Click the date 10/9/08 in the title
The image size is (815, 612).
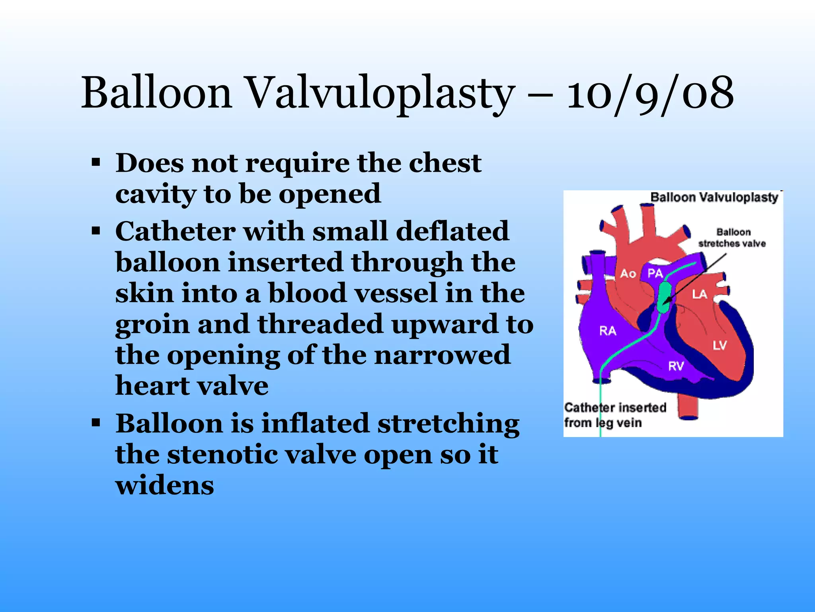point(650,94)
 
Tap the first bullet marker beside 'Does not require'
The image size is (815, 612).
point(96,163)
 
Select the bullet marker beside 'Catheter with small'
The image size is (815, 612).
point(96,231)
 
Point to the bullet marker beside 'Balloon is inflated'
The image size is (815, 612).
point(96,423)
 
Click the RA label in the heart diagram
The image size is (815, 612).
point(608,331)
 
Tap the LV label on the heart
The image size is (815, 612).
point(719,345)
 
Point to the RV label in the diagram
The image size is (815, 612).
point(676,365)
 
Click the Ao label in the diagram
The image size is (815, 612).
point(628,274)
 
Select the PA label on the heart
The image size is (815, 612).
point(655,273)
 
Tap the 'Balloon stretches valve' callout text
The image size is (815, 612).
point(732,238)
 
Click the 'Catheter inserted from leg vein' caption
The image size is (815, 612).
point(615,415)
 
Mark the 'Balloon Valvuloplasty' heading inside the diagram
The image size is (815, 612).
point(714,197)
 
